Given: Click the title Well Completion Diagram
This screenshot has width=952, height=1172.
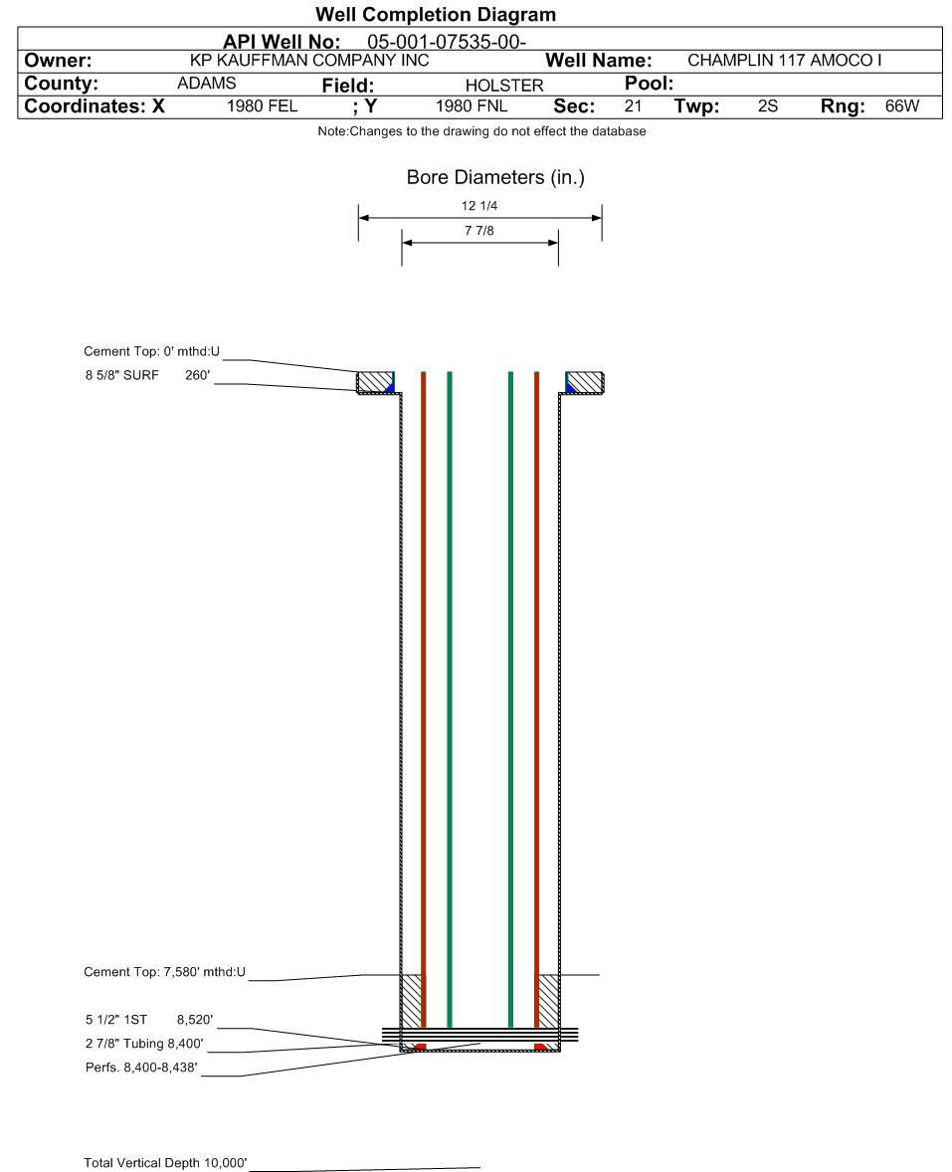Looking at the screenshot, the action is pyautogui.click(x=436, y=14).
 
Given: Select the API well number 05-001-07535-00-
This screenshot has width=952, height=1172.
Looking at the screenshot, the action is pyautogui.click(x=447, y=42).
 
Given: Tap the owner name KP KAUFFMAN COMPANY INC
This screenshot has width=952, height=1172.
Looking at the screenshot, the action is pyautogui.click(x=309, y=61).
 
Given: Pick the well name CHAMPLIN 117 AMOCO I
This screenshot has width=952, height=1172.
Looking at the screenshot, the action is pyautogui.click(x=785, y=61).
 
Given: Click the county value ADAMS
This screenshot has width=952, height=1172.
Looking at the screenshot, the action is pyautogui.click(x=206, y=84).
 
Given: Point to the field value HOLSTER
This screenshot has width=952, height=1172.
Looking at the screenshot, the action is pyautogui.click(x=504, y=86).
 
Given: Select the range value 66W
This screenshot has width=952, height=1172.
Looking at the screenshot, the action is pyautogui.click(x=902, y=106).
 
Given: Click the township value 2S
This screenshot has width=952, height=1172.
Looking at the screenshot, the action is pyautogui.click(x=767, y=106).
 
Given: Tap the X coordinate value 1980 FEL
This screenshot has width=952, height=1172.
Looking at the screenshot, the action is pyautogui.click(x=263, y=106).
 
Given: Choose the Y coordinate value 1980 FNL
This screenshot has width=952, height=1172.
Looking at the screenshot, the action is pyautogui.click(x=472, y=106).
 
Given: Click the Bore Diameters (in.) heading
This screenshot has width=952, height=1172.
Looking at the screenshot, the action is pyautogui.click(x=495, y=177).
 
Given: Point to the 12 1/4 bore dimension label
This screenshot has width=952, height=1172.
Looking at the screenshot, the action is pyautogui.click(x=479, y=206).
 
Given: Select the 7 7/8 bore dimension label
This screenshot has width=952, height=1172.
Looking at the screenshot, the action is pyautogui.click(x=479, y=231).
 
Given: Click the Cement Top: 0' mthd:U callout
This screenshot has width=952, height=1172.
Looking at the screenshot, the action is pyautogui.click(x=151, y=351).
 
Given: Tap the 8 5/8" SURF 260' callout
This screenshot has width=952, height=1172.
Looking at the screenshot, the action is pyautogui.click(x=147, y=375).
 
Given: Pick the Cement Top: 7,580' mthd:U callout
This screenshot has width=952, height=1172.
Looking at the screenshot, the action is pyautogui.click(x=164, y=972).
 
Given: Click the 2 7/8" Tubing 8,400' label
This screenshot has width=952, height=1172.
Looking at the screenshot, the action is pyautogui.click(x=144, y=1044).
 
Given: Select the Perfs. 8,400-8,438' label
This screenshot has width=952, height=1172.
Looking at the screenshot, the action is pyautogui.click(x=141, y=1068).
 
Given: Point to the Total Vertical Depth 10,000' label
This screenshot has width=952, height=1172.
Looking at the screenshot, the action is pyautogui.click(x=165, y=1162).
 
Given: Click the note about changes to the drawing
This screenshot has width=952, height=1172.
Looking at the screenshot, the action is pyautogui.click(x=482, y=131).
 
